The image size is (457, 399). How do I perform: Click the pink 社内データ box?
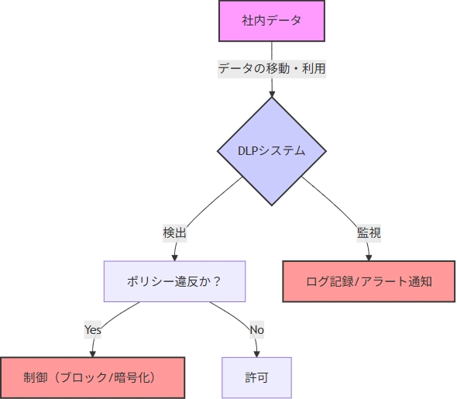pos(272,21)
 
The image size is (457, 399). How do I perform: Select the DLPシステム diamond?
pos(272,151)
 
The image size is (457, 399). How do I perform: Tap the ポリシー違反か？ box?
pos(174,281)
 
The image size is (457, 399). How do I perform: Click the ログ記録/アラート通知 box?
pos(369,281)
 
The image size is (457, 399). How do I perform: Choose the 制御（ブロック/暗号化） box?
pos(92,377)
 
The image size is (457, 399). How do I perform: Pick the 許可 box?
pos(256,377)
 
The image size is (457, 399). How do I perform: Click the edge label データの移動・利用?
pos(272,69)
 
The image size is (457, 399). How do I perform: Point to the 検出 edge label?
pos(174,233)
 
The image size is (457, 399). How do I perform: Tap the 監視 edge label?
pos(369,233)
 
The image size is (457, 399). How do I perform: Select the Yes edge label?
pos(93,329)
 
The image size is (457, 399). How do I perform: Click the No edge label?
pos(256,329)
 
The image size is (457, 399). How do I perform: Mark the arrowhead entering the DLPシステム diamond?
pos(272,95)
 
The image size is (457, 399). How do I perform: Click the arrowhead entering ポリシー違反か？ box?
pos(174,258)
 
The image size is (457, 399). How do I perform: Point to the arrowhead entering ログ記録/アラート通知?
pos(369,258)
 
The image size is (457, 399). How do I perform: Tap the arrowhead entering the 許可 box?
pos(256,354)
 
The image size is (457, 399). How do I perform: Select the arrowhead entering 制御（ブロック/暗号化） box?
pos(93,354)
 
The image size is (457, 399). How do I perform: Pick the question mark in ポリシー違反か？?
pos(217,281)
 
